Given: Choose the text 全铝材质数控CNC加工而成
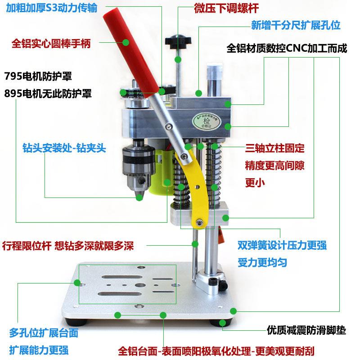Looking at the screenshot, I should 288,48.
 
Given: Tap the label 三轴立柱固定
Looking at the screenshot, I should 275,148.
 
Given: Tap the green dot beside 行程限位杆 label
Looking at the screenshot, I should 195,244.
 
